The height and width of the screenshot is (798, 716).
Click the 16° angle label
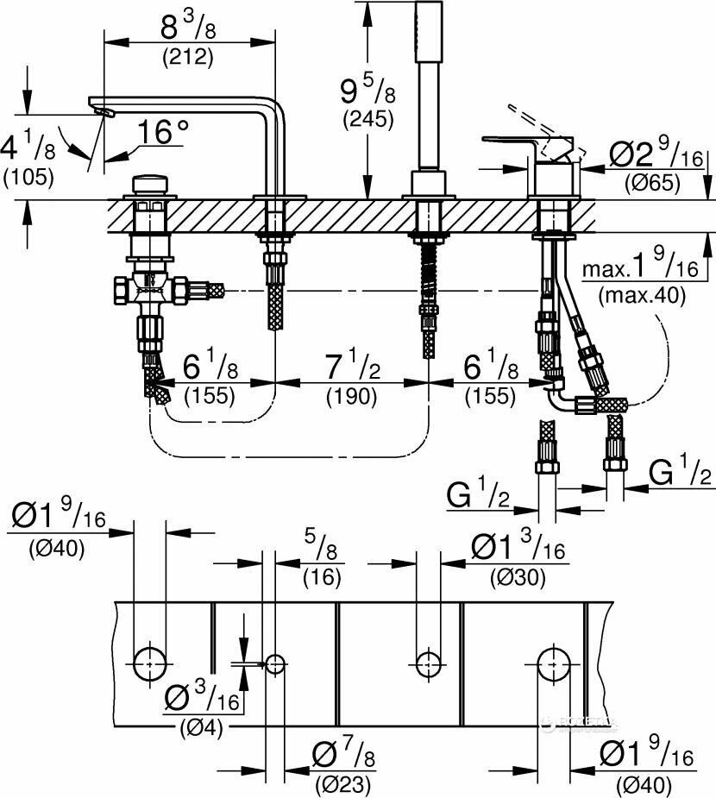point(164,132)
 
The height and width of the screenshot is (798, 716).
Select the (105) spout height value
point(28,178)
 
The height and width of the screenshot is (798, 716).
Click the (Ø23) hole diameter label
point(342,784)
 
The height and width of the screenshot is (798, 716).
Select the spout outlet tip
point(102,110)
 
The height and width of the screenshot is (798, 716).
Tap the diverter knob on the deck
point(150,187)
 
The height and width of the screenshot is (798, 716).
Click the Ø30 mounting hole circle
point(427,663)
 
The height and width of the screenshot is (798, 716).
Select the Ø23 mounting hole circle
point(275,663)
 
